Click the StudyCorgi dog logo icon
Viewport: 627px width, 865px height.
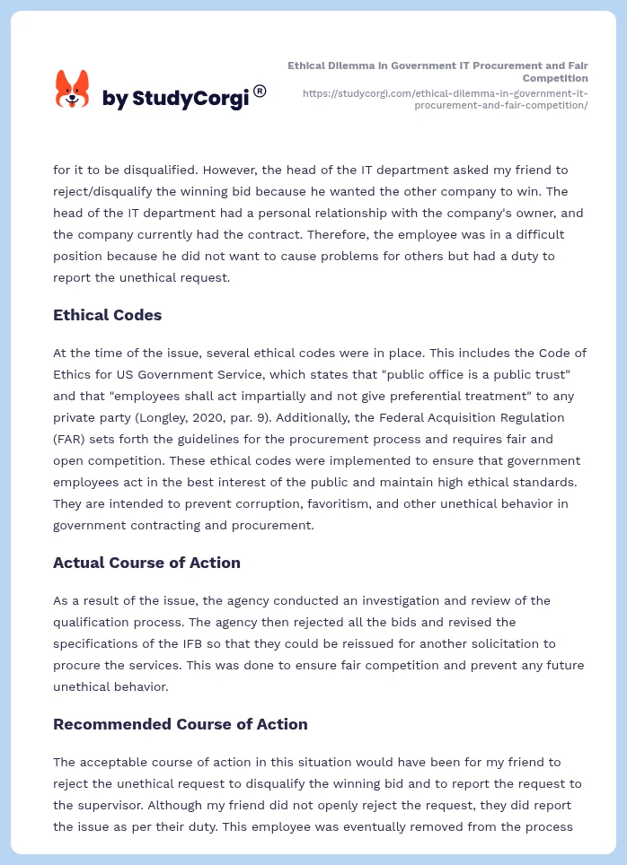tap(73, 89)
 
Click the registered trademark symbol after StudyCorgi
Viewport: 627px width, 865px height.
tap(260, 91)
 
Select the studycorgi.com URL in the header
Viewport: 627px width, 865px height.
tap(446, 99)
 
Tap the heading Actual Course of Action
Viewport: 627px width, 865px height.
tap(146, 563)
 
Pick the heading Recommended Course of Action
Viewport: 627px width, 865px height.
tap(180, 724)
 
